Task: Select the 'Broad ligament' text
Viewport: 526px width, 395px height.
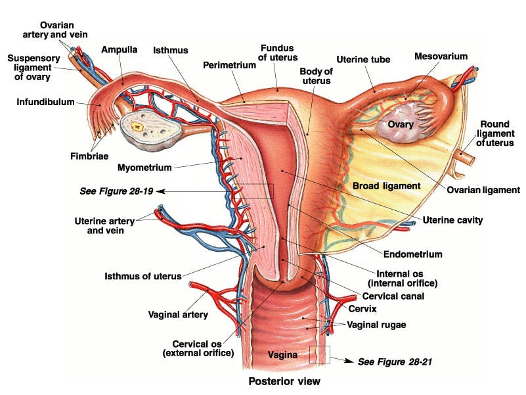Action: [386, 186]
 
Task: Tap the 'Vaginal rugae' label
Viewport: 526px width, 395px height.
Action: [377, 325]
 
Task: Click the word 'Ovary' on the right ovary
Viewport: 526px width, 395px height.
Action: [400, 125]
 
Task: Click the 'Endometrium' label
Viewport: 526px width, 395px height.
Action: [412, 254]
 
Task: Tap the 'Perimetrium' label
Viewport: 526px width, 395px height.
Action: [224, 65]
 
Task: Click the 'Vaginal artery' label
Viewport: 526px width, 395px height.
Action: [178, 315]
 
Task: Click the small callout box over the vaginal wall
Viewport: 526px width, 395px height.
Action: [319, 354]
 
